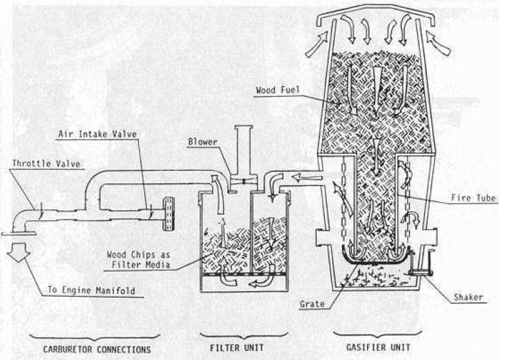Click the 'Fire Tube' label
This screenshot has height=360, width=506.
(x=470, y=196)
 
